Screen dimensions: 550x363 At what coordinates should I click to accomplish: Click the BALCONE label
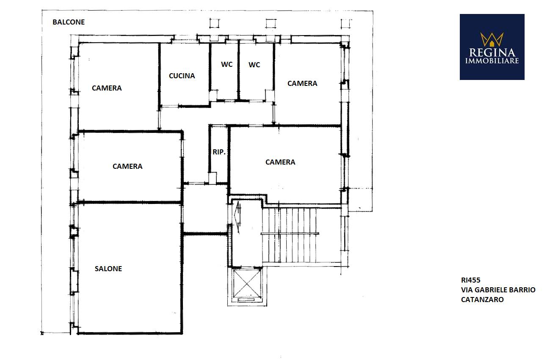click(x=69, y=22)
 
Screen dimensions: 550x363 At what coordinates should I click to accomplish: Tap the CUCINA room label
click(x=182, y=76)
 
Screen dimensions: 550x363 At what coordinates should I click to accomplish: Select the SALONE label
click(x=108, y=269)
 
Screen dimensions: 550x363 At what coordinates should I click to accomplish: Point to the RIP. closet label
click(x=219, y=152)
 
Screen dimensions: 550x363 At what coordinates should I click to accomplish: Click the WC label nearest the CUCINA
click(x=227, y=64)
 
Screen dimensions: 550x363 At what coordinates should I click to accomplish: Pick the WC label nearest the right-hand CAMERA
click(x=254, y=65)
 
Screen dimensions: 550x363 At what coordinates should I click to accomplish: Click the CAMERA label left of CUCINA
click(x=107, y=88)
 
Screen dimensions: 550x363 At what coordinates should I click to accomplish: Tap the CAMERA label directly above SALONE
click(x=127, y=166)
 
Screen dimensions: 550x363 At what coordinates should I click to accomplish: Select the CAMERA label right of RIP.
click(x=280, y=162)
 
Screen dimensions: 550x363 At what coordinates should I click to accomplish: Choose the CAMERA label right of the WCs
click(x=302, y=83)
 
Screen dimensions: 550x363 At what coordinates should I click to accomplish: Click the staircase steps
click(x=289, y=235)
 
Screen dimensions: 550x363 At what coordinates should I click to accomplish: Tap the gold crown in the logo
click(x=492, y=39)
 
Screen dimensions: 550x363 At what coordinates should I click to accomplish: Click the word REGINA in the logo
click(x=492, y=53)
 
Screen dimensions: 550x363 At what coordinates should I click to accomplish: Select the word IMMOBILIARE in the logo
click(x=492, y=60)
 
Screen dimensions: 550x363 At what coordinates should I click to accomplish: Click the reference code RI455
click(x=470, y=280)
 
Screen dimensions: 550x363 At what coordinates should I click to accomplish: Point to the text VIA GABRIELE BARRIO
click(x=498, y=290)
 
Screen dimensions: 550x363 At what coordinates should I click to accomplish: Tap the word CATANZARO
click(x=482, y=300)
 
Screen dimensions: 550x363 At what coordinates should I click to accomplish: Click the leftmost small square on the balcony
click(x=214, y=24)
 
